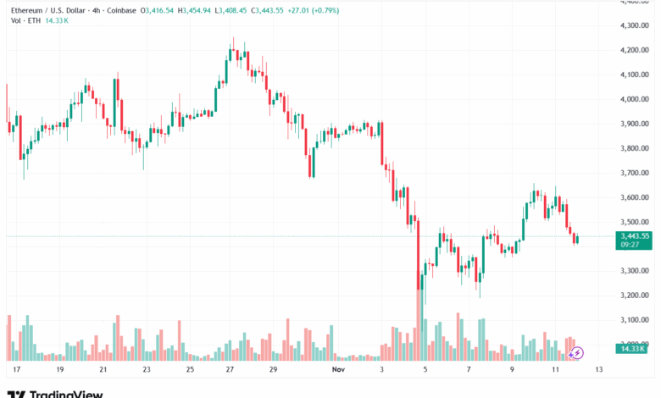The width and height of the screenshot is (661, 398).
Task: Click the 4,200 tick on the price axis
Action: click(x=633, y=50)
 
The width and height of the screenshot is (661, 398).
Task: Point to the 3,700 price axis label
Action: click(x=633, y=173)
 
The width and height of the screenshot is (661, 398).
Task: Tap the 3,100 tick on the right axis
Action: click(x=633, y=319)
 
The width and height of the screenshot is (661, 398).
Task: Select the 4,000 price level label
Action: click(x=633, y=99)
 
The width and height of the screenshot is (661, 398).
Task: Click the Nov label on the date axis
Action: click(x=339, y=370)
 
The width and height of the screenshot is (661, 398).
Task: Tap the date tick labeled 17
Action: click(x=15, y=370)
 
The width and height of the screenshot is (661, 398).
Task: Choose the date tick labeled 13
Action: click(x=598, y=370)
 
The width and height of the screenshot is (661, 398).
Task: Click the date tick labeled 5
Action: click(x=425, y=370)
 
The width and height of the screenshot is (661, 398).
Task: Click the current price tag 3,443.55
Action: click(x=634, y=236)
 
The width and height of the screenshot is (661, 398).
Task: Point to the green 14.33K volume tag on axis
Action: click(x=633, y=348)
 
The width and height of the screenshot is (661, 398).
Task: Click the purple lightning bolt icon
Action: click(x=577, y=352)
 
